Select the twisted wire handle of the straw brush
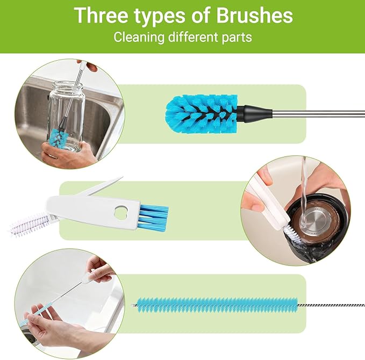pos(328,305)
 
